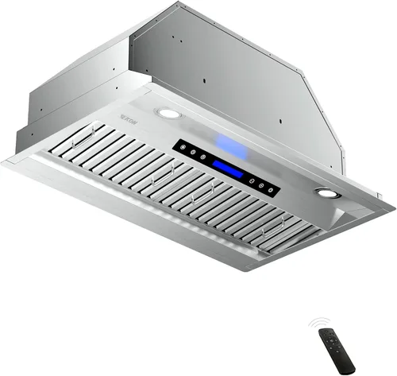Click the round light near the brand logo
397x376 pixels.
pyautogui.click(x=168, y=114)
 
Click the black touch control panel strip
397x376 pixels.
pyautogui.click(x=225, y=167)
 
